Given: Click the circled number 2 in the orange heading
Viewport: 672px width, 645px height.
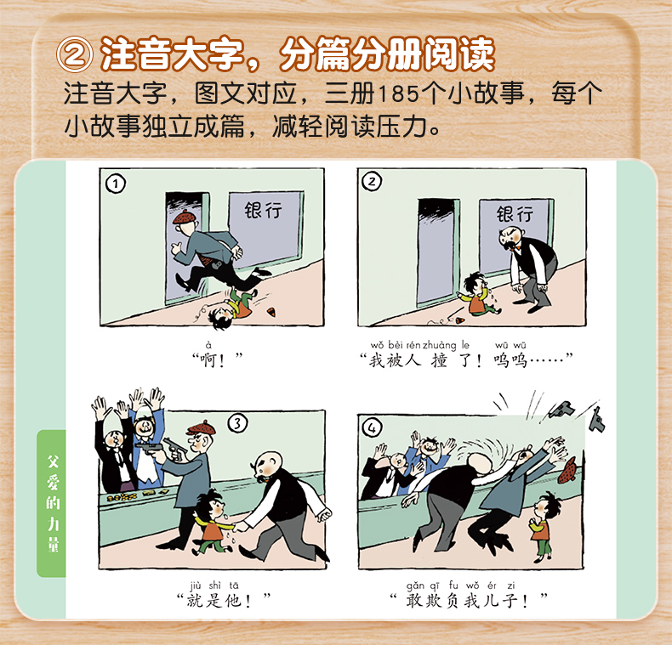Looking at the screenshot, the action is pyautogui.click(x=75, y=54).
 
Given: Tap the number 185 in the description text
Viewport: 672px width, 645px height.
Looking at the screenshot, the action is pyautogui.click(x=398, y=93).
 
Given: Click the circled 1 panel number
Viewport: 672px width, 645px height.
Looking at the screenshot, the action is pyautogui.click(x=116, y=184).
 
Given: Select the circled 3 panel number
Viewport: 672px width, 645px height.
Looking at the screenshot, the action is pyautogui.click(x=237, y=423).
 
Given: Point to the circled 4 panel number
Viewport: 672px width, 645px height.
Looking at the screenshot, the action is pyautogui.click(x=372, y=427).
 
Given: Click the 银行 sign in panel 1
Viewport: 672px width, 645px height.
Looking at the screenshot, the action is pyautogui.click(x=263, y=210).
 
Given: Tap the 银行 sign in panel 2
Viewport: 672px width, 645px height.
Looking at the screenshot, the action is pyautogui.click(x=515, y=213).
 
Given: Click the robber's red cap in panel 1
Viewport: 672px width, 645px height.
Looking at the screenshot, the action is pyautogui.click(x=185, y=218).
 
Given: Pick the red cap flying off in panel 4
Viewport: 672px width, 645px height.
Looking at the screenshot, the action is pyautogui.click(x=567, y=470).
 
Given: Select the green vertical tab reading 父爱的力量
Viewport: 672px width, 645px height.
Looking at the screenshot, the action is pyautogui.click(x=51, y=503).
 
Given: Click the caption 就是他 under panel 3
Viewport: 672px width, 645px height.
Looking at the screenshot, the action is pyautogui.click(x=214, y=601).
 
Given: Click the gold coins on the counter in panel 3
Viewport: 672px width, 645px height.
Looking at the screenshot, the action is pyautogui.click(x=122, y=497).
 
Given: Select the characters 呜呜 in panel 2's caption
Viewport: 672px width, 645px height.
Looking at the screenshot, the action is pyautogui.click(x=510, y=360).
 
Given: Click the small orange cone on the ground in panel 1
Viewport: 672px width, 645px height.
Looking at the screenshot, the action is pyautogui.click(x=271, y=312).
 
